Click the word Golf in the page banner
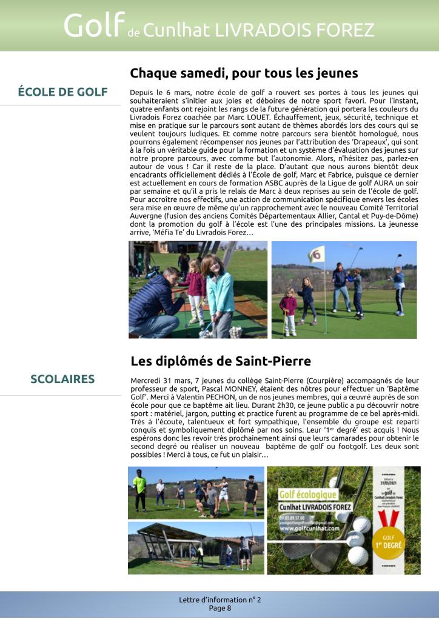(x=94, y=25)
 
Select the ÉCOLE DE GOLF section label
(x=62, y=92)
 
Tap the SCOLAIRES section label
(x=62, y=379)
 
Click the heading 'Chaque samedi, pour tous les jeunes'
(x=244, y=73)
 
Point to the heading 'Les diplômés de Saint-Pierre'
(x=221, y=361)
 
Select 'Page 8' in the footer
(x=219, y=608)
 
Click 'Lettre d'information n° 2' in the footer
(x=219, y=599)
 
